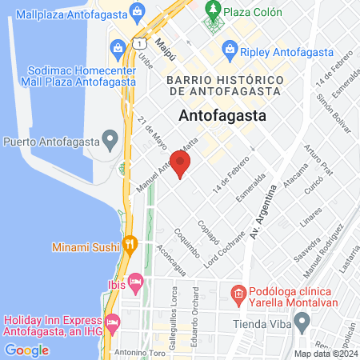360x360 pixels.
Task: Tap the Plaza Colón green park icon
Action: click(213, 11)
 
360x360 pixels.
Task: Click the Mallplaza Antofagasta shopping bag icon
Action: click(137, 12)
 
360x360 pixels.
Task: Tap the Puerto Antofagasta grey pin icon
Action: click(110, 142)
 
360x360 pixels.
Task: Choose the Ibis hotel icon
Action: click(136, 282)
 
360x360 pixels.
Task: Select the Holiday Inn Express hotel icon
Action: click(112, 322)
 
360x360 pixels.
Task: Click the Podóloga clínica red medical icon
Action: click(238, 294)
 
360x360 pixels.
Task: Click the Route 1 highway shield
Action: click(139, 42)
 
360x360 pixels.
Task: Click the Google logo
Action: click(27, 350)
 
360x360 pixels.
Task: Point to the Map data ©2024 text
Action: click(325, 353)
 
